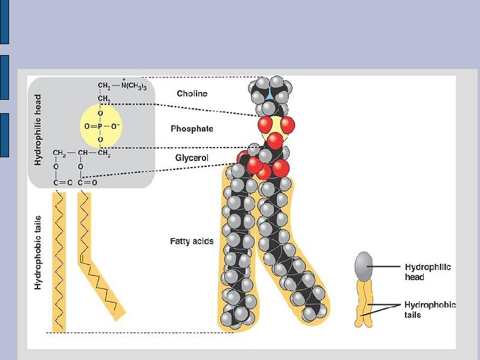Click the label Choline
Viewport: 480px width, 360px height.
click(x=192, y=94)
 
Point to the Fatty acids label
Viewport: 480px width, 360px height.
click(x=192, y=241)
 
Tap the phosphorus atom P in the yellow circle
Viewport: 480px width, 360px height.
click(x=100, y=128)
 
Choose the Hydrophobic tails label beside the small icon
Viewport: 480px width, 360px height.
click(x=429, y=310)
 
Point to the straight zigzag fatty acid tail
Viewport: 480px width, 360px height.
click(x=59, y=260)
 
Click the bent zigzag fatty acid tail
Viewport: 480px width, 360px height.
click(x=100, y=266)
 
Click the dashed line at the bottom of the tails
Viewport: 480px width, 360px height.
click(x=133, y=333)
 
